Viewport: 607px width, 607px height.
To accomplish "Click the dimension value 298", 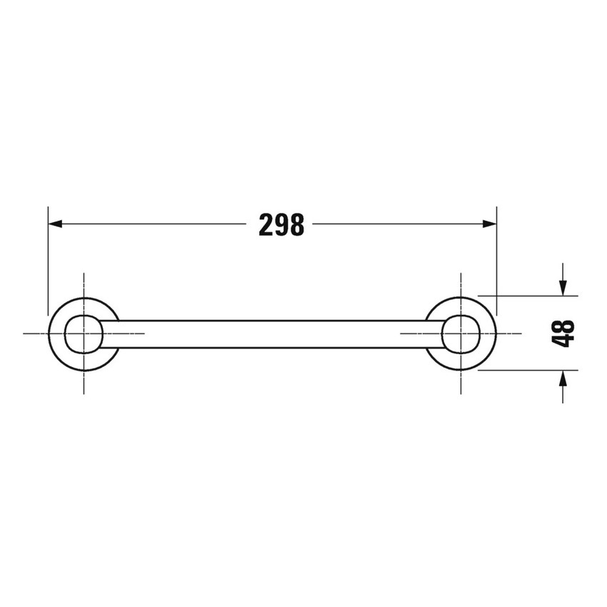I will coord(281,225).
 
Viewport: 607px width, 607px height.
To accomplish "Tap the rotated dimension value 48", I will coord(563,333).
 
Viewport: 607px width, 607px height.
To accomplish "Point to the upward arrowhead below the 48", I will coord(563,379).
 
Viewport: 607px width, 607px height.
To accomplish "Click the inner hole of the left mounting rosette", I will coord(84,333).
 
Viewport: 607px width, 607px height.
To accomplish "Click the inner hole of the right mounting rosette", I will coord(461,333).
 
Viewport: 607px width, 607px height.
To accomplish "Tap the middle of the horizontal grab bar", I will coord(272,334).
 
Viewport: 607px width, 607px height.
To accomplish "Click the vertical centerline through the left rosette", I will coord(84,282).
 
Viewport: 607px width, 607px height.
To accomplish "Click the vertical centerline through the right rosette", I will coord(461,282).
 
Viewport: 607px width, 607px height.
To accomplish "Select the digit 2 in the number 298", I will coord(266,225).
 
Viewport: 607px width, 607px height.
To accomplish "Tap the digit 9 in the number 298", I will coord(281,225).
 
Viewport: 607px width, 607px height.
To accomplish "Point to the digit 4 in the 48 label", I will coord(563,341).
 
